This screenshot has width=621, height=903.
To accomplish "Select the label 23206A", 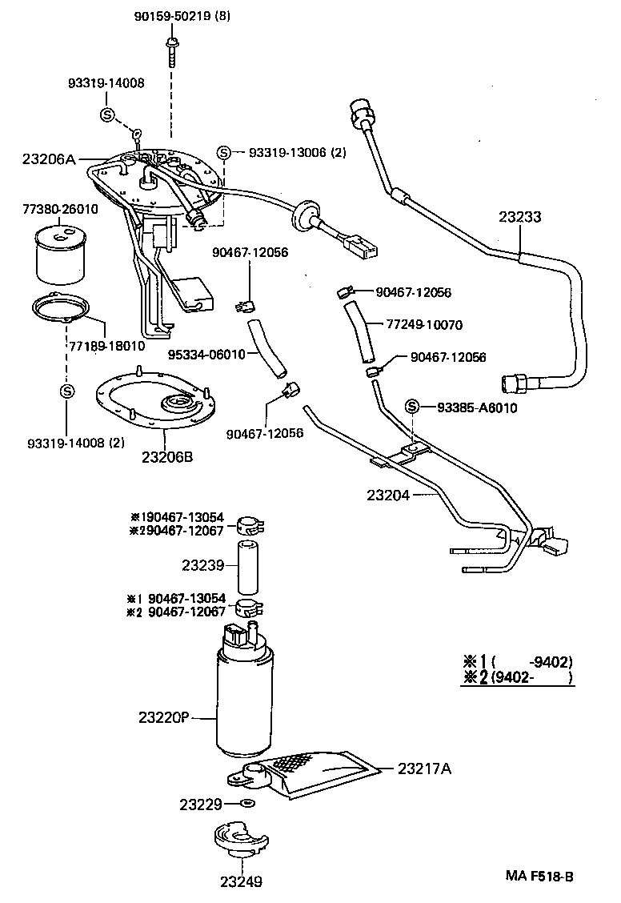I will point(49,159).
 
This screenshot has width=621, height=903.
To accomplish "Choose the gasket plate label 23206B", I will point(167,458).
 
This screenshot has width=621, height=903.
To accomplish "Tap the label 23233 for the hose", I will point(519,216).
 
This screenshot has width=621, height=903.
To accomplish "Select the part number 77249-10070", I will point(425,325).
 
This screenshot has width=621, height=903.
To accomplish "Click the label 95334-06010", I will point(206,355).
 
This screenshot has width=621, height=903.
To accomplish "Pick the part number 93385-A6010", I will point(477,407).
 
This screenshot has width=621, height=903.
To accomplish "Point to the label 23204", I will point(388,496).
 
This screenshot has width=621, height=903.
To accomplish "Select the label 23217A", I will point(424,769).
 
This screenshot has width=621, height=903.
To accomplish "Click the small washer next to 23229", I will point(247,802).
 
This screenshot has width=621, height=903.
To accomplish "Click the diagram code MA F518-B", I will point(539,875).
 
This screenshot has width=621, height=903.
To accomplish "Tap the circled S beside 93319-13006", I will point(225,153).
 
